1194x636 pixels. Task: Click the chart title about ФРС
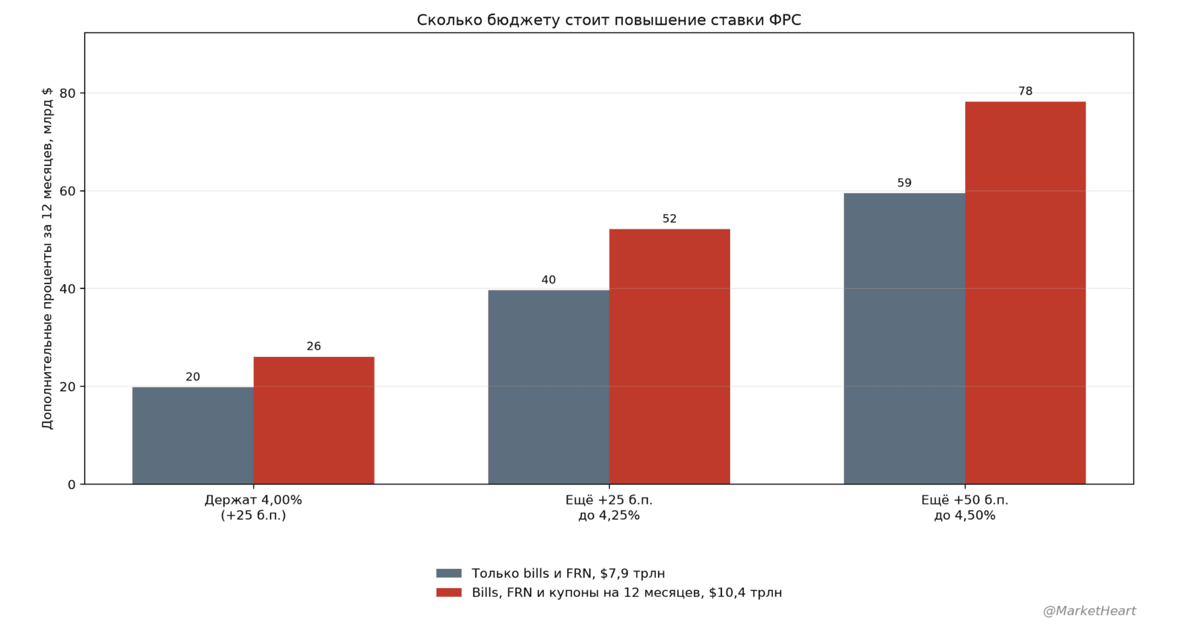point(609,20)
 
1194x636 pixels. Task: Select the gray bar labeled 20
point(193,435)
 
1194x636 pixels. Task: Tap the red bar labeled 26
point(314,420)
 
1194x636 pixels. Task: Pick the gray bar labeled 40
point(548,387)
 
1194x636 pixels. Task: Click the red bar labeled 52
point(670,356)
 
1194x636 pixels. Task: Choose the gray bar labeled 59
point(904,338)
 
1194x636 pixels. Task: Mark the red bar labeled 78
point(1025,293)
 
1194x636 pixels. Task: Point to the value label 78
point(1025,91)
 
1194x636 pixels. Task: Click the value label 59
point(904,183)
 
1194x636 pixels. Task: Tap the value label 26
point(314,346)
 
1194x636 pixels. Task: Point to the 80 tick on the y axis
point(68,93)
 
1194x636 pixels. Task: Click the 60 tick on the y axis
point(68,191)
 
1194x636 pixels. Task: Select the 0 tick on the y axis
point(72,484)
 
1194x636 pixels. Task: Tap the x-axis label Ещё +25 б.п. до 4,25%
point(609,507)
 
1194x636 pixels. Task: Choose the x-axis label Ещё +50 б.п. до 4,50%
point(965,507)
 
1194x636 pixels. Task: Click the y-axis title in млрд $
point(47,258)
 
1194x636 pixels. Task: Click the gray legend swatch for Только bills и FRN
point(449,573)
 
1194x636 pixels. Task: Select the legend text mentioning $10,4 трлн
point(627,592)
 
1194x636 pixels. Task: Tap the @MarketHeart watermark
point(1090,611)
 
